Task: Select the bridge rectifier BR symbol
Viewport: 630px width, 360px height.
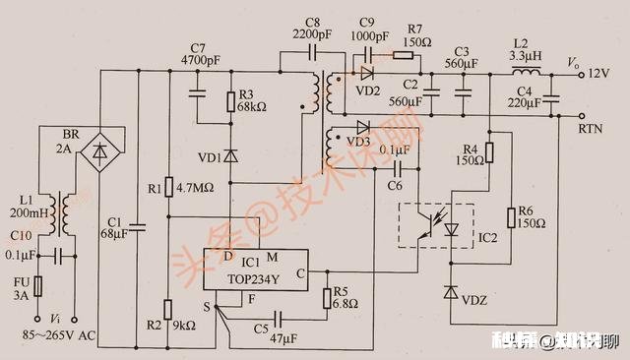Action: pyautogui.click(x=99, y=151)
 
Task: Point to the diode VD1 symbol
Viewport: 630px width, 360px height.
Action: pyautogui.click(x=231, y=155)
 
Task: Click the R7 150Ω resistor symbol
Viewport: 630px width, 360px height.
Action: pyautogui.click(x=405, y=55)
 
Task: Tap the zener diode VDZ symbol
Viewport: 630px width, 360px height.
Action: pyautogui.click(x=451, y=292)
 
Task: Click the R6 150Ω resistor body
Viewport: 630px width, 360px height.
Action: pyautogui.click(x=510, y=218)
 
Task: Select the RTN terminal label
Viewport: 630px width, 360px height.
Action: pyautogui.click(x=593, y=128)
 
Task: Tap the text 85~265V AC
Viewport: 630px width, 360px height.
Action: pyautogui.click(x=61, y=336)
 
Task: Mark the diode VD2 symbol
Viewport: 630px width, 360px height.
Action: pyautogui.click(x=367, y=74)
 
